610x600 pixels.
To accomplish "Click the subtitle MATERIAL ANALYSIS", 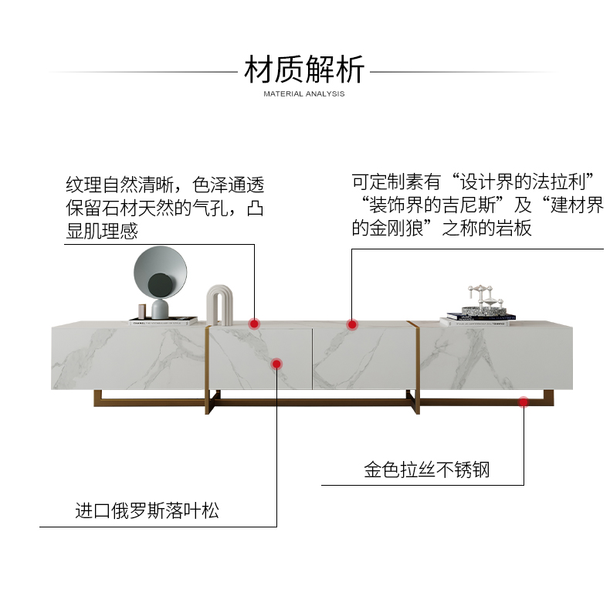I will pyautogui.click(x=303, y=94).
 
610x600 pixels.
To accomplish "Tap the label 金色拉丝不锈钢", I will pyautogui.click(x=427, y=469).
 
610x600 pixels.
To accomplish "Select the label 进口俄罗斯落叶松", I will pyautogui.click(x=147, y=510).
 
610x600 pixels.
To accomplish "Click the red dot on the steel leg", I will pyautogui.click(x=524, y=402).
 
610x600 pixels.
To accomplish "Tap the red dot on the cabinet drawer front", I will pyautogui.click(x=276, y=363).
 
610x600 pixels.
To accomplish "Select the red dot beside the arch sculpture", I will pyautogui.click(x=253, y=324).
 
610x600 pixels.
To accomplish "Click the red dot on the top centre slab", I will pyautogui.click(x=352, y=324).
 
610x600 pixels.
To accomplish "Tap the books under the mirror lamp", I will pyautogui.click(x=163, y=320).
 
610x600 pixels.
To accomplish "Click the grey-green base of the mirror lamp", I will pyautogui.click(x=161, y=308).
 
